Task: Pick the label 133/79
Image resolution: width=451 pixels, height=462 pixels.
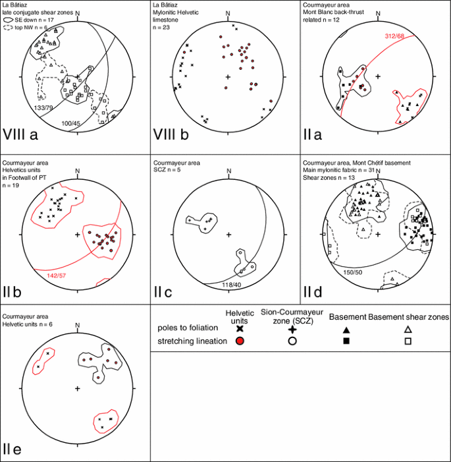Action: click(44, 107)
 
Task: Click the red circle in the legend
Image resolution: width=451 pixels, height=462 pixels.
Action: click(239, 341)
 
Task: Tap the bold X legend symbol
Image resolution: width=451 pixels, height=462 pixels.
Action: click(239, 328)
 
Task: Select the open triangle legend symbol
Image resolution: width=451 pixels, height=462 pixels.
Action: click(408, 328)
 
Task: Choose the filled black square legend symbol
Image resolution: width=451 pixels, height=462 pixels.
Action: click(346, 341)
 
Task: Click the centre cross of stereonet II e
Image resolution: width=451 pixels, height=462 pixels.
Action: click(78, 389)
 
